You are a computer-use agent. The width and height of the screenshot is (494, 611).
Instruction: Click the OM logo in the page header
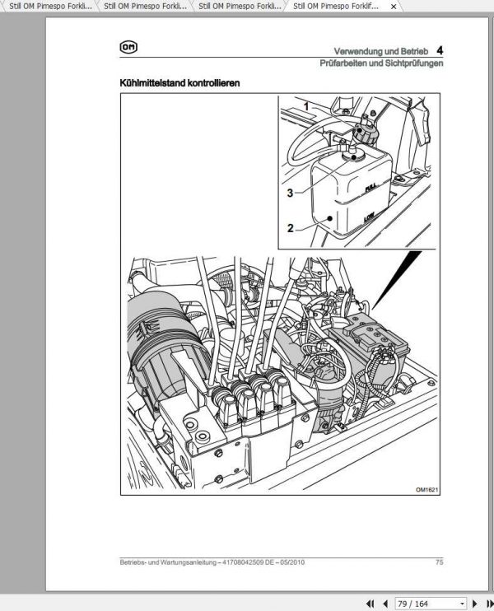point(128,49)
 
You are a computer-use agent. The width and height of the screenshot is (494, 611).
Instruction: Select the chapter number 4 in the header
point(440,50)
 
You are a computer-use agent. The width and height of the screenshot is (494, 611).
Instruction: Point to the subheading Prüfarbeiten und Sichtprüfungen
point(382,63)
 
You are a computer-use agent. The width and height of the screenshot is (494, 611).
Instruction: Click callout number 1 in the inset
point(305,106)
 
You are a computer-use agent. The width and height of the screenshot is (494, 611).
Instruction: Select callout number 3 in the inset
point(291,194)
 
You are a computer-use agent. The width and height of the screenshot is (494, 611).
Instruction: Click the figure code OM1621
point(428,488)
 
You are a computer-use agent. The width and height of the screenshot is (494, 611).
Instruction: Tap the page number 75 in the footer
point(440,563)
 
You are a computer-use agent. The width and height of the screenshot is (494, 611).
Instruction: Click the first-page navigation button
point(370,604)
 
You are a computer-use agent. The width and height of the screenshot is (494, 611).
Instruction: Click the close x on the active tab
point(393,6)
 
